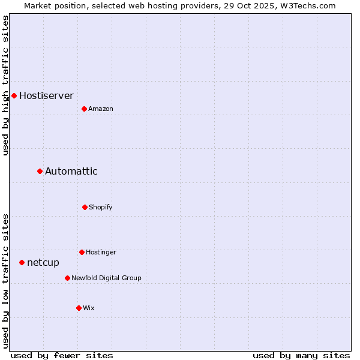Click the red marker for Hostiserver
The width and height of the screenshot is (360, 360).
point(14,95)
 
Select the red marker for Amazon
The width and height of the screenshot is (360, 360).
point(84,109)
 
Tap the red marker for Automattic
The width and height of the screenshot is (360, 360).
point(40,172)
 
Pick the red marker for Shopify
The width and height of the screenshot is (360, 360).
point(85,207)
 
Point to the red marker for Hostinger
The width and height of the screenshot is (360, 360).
point(82,252)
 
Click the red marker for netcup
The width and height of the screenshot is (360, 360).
point(22,262)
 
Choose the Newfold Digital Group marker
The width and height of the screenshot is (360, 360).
point(67,278)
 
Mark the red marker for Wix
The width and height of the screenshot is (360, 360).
point(79,308)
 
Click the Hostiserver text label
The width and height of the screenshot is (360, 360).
point(46,95)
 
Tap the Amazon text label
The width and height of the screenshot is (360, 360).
point(101,109)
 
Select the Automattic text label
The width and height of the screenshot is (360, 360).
point(71,172)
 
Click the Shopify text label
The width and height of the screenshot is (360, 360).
point(101,207)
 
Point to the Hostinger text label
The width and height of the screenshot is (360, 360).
point(101,252)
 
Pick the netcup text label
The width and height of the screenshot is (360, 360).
point(43,262)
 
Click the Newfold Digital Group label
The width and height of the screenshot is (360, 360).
point(106,278)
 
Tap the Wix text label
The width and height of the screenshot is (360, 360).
point(89,308)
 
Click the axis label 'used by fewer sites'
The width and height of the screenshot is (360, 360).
point(62,355)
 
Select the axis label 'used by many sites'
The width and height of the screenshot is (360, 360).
point(301,355)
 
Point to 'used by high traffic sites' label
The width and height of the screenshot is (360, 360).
point(5,85)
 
